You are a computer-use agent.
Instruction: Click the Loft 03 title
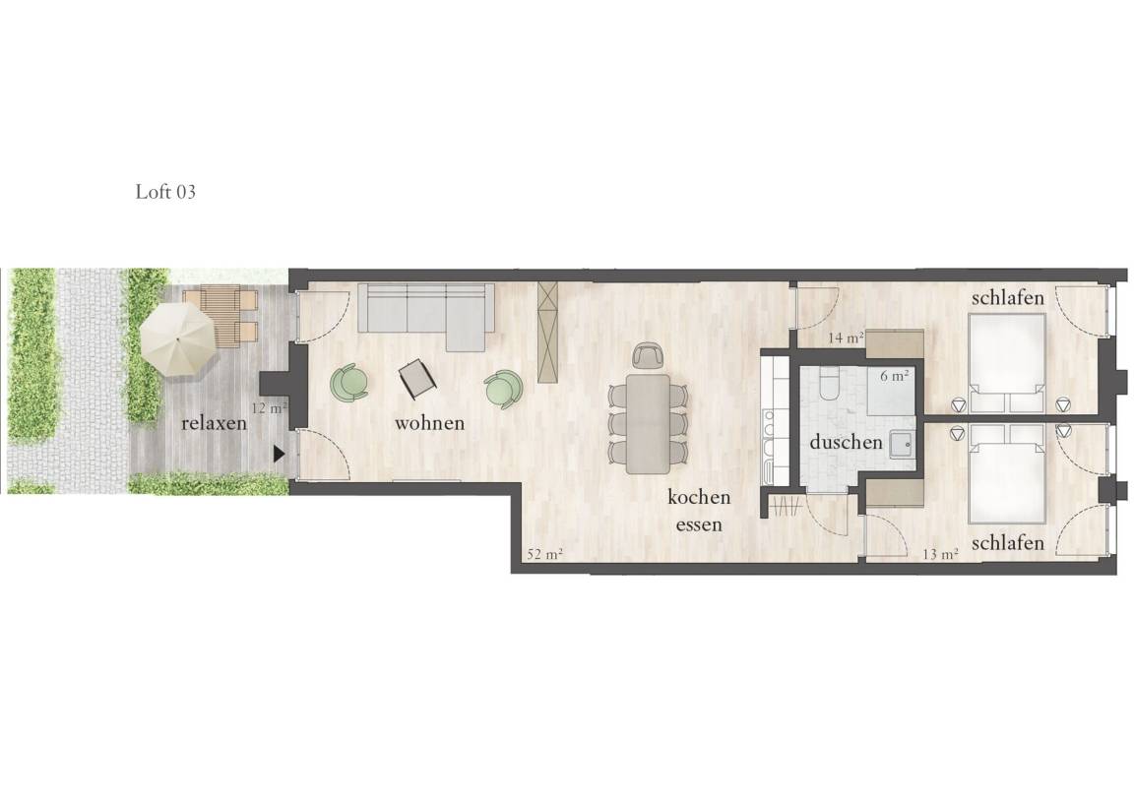(x=165, y=192)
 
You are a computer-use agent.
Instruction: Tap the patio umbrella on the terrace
(x=178, y=339)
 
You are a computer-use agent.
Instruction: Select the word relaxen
(x=214, y=423)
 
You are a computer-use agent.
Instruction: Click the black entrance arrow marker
(x=280, y=454)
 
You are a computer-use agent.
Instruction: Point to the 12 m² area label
(x=269, y=407)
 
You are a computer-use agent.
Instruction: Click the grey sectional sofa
(x=426, y=315)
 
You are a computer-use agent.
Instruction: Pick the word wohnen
(x=429, y=423)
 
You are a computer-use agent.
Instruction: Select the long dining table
(x=648, y=424)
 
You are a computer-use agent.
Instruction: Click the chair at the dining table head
(x=648, y=354)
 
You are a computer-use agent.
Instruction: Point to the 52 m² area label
(x=545, y=554)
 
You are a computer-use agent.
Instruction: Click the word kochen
(x=699, y=497)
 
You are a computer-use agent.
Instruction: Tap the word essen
(x=699, y=524)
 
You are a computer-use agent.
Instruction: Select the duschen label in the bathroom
(x=847, y=442)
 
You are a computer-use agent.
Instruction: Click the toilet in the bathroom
(x=829, y=384)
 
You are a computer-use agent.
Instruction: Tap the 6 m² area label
(x=895, y=377)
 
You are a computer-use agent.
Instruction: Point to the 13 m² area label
(x=941, y=554)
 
